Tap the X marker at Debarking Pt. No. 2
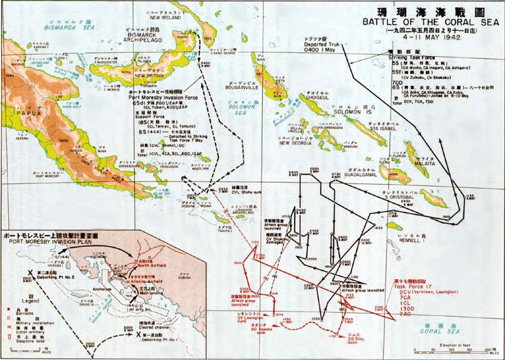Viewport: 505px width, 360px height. [x=29, y=276]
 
